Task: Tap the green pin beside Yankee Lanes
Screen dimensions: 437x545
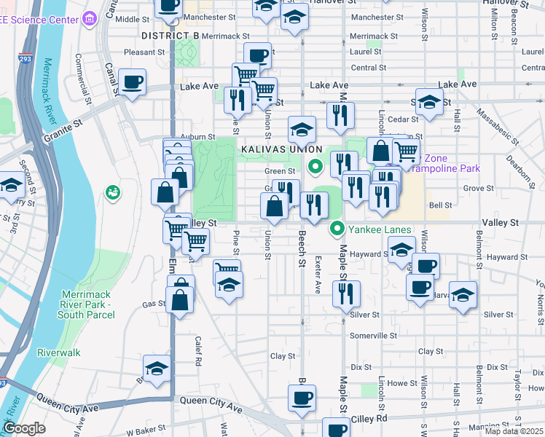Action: [x=337, y=230]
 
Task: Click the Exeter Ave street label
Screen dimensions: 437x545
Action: [x=318, y=274]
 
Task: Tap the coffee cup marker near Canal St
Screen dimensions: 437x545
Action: [x=132, y=82]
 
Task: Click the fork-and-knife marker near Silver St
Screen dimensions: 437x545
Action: [x=346, y=294]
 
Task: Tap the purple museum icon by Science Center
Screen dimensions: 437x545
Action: [x=90, y=17]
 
